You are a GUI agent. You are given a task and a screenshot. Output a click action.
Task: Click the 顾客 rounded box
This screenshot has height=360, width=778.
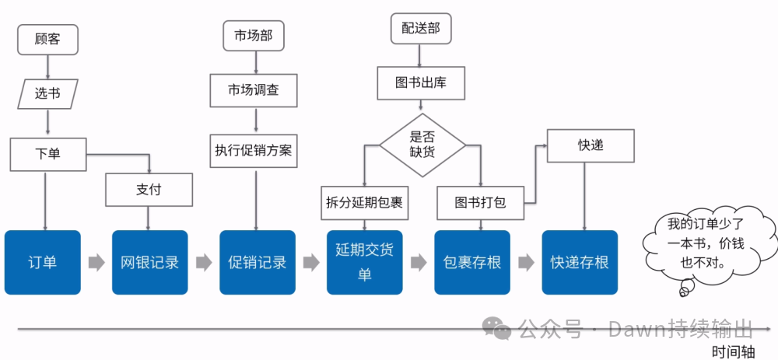[47, 39]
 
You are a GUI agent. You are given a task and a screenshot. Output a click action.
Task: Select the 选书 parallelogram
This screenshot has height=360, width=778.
[47, 94]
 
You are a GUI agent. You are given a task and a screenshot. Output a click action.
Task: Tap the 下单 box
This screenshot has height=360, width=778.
[47, 154]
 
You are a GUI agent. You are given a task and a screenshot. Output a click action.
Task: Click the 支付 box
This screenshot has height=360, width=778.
[149, 190]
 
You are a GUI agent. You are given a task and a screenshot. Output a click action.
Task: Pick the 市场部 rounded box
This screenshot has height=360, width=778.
[253, 36]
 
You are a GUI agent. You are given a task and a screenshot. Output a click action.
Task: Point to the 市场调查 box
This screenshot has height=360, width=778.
[253, 90]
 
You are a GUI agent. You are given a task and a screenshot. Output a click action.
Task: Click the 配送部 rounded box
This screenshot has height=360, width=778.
[421, 29]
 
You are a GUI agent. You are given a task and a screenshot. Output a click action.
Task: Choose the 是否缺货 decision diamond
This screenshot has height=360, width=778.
[422, 145]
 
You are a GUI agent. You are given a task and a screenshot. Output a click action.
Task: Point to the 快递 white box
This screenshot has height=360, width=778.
[591, 145]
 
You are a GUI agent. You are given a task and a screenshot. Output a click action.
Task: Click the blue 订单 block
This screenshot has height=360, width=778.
[43, 262]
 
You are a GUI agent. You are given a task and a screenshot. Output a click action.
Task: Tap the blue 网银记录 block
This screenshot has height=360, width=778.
[150, 262]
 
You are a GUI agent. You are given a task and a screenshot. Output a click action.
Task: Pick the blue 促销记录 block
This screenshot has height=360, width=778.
[258, 262]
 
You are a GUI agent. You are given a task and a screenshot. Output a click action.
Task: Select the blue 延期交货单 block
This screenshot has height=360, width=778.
[365, 262]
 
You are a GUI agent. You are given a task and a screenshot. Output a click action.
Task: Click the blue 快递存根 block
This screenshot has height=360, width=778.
[580, 262]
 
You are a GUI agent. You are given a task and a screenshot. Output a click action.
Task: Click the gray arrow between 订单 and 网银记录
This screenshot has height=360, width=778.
[96, 263]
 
